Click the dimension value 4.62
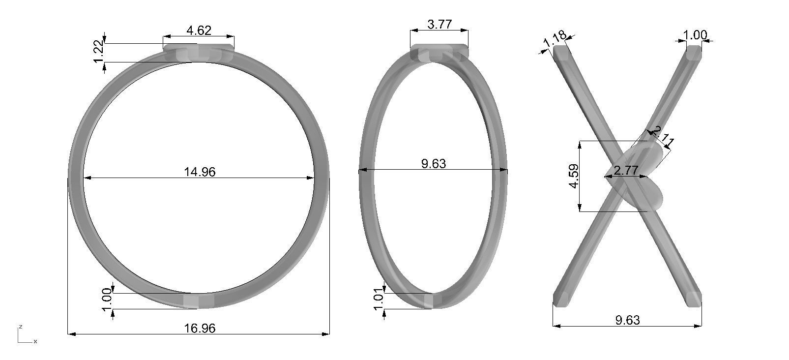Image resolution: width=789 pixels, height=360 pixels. (x=199, y=30)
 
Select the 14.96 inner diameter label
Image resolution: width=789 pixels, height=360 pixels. (x=200, y=172)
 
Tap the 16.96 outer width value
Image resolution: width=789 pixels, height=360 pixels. (x=199, y=328)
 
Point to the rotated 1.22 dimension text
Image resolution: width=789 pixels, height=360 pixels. (x=98, y=51)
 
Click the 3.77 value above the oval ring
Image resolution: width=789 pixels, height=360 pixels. (x=439, y=25)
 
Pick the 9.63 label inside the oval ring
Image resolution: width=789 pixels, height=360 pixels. (x=434, y=164)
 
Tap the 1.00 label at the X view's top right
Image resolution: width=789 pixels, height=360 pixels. (x=696, y=35)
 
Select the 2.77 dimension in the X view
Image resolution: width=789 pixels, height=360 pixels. (x=626, y=171)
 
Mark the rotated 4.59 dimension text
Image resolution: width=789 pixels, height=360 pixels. (x=574, y=176)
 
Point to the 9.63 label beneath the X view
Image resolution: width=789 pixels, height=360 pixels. (x=627, y=320)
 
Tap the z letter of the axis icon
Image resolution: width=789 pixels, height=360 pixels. (x=20, y=327)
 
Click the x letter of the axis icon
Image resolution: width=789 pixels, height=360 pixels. (x=35, y=341)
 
